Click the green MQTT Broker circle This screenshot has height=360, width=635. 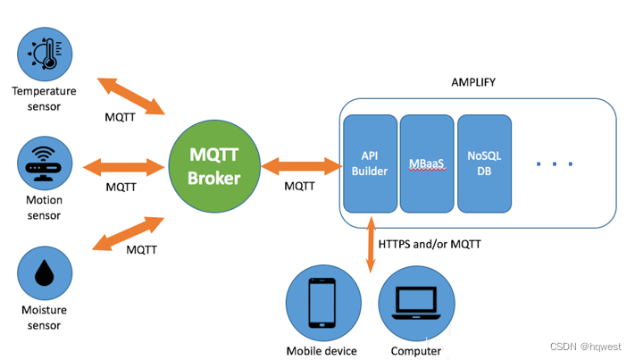tap(215, 165)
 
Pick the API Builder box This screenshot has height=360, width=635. tap(370, 163)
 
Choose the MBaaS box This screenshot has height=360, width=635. tap(425, 163)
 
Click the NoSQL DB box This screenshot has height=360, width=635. tap(484, 163)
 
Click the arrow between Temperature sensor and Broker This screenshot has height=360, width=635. tap(131, 96)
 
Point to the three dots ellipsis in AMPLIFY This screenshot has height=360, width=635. tap(554, 164)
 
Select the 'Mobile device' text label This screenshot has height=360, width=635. tap(322, 351)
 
